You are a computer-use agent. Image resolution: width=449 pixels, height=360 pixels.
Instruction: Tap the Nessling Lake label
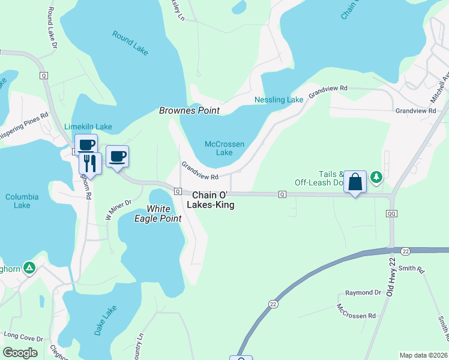tap(279, 100)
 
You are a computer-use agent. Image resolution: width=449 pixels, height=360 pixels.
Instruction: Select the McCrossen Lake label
tap(218, 148)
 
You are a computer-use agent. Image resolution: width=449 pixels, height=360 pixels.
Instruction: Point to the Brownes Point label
tap(189, 111)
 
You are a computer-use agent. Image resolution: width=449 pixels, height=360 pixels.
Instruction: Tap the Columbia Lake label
tap(22, 201)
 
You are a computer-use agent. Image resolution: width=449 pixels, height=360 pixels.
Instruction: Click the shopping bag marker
tap(355, 182)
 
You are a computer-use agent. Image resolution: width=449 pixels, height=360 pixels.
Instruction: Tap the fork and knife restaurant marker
tap(90, 163)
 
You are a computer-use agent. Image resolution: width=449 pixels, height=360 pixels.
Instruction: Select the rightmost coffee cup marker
tap(117, 157)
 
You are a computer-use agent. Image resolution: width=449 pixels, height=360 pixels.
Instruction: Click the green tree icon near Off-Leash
tap(376, 176)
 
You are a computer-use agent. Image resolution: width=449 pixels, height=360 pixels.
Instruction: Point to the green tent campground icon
tap(28, 267)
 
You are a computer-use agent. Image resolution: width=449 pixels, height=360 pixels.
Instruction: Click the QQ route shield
tap(392, 213)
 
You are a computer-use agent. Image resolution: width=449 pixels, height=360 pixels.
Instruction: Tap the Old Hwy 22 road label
tap(393, 272)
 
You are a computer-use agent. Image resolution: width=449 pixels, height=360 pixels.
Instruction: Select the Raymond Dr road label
tap(363, 293)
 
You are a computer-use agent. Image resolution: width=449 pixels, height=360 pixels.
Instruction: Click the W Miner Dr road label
tap(118, 210)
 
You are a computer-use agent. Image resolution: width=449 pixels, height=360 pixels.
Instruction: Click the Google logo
tap(20, 353)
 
